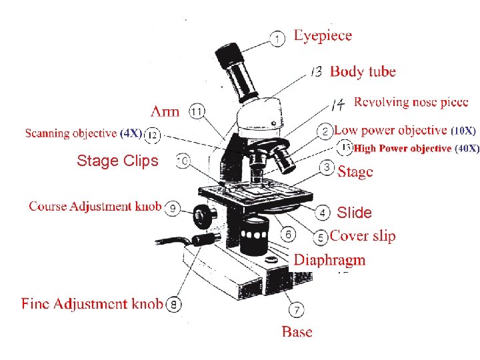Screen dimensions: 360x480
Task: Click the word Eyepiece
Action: [x=323, y=36]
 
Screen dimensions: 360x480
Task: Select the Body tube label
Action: [x=363, y=71]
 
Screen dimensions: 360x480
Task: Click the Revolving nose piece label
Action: [x=411, y=103]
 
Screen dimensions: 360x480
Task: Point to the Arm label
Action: [x=165, y=111]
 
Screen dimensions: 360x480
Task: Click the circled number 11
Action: [x=197, y=111]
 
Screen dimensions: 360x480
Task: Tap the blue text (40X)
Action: [x=466, y=149]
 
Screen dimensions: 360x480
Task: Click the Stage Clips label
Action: [x=117, y=161]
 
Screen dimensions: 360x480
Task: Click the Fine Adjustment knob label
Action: [x=92, y=304]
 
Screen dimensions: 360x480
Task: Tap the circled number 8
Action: [x=175, y=305]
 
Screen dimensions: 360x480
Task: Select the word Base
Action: [x=297, y=331]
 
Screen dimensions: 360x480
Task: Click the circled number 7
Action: [x=297, y=310]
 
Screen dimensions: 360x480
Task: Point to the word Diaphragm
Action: [x=329, y=259]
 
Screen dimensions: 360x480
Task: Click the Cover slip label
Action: [x=363, y=236]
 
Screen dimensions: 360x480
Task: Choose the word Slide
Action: [x=354, y=213]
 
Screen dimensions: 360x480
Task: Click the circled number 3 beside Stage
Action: [x=326, y=167]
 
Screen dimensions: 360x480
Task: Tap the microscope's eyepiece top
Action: [x=228, y=52]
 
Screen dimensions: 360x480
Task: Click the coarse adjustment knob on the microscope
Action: [x=203, y=215]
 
